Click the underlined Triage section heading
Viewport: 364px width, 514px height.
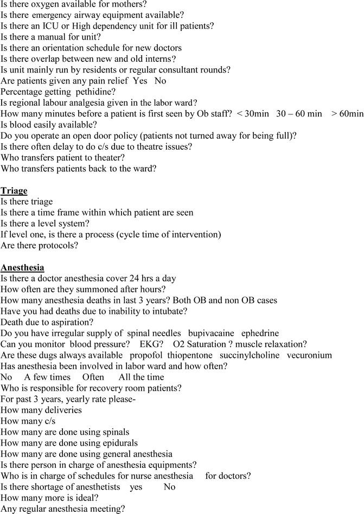(x=14, y=190)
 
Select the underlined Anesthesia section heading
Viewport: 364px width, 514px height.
(x=23, y=267)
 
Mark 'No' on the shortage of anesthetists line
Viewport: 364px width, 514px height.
(x=169, y=487)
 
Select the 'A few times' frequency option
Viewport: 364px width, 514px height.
(x=46, y=377)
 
